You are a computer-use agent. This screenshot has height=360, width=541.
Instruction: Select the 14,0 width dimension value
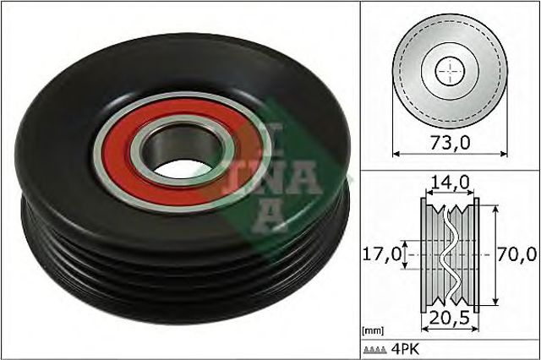coord(449,182)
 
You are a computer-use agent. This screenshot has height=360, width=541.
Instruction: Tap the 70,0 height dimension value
coord(516,253)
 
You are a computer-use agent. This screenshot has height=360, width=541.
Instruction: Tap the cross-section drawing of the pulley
coord(449,253)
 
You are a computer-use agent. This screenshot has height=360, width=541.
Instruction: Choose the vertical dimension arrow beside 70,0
coord(493,253)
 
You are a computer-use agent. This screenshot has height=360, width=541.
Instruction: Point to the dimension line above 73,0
coord(450,153)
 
